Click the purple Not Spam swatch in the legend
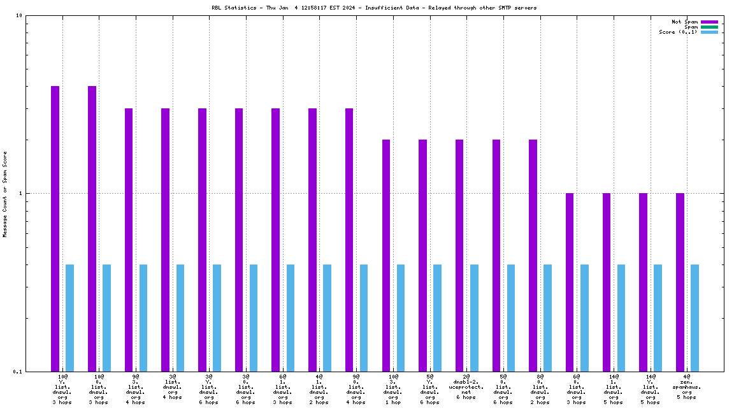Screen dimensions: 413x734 (709, 22)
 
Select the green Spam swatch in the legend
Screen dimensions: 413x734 (709, 27)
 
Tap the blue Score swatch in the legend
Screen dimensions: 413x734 (709, 32)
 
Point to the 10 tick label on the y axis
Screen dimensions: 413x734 (19, 16)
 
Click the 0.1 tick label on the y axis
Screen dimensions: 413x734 (17, 372)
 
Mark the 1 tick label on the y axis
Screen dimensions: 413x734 (20, 194)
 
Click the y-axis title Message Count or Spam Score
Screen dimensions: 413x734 (5, 194)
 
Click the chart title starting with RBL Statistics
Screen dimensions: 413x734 (374, 8)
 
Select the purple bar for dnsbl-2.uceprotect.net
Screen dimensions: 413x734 (459, 255)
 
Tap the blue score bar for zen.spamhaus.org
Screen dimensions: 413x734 (694, 317)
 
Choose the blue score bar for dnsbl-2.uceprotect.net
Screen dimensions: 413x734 (474, 317)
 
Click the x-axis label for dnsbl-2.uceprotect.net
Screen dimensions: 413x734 (466, 387)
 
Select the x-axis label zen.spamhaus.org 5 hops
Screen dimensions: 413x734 (686, 387)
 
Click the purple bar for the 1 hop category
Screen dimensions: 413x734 (386, 255)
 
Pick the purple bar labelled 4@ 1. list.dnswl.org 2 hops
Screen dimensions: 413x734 (312, 240)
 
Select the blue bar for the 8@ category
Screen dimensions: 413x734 (547, 317)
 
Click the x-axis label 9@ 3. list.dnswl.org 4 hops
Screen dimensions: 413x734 (135, 389)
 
